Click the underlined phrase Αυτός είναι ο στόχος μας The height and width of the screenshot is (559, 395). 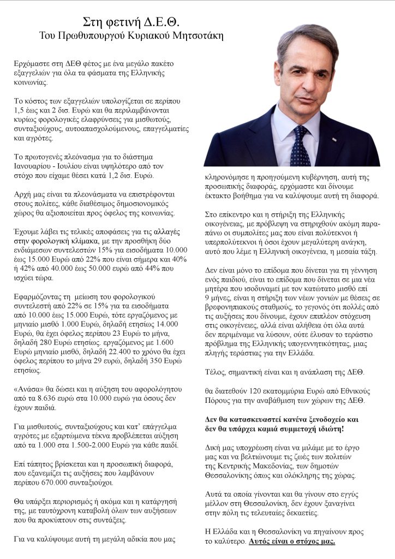coord(292,541)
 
